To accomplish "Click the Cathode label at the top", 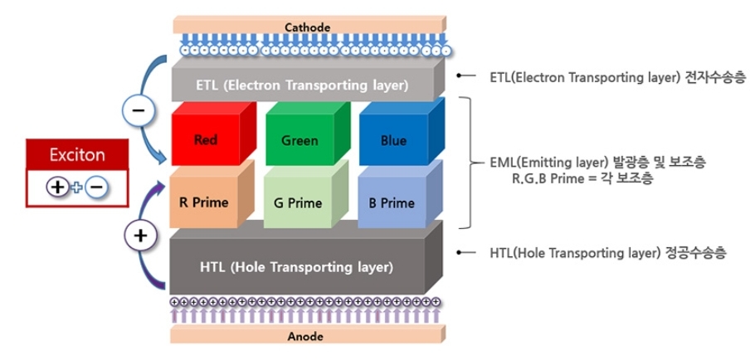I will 307,27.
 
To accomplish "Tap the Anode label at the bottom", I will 305,337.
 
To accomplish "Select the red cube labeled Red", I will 206,139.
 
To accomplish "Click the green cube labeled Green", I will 300,140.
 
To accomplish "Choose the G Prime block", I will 298,202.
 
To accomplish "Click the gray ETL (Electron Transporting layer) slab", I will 302,85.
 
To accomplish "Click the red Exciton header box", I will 77,155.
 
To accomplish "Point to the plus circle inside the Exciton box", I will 57,187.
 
